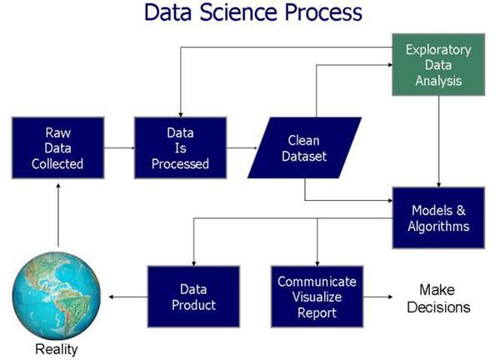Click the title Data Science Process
tap(253, 13)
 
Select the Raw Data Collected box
tap(58, 148)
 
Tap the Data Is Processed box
tap(180, 148)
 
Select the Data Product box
tap(193, 297)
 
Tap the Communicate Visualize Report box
tap(317, 297)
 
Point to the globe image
tap(57, 296)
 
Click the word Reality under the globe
tap(57, 348)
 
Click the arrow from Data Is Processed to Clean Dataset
tap(242, 148)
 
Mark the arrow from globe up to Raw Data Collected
tap(57, 217)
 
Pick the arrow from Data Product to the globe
tap(125, 297)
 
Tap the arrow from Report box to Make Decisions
tap(383, 297)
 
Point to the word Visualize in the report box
tap(317, 297)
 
